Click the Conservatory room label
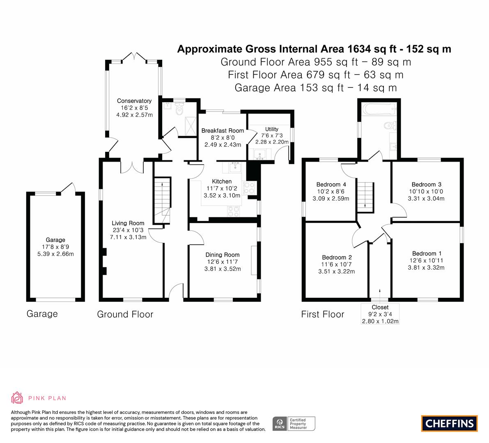(134, 101)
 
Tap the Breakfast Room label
(223, 131)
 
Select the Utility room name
(272, 129)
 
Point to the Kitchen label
(222, 181)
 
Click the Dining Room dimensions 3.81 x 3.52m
(223, 269)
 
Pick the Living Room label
(128, 223)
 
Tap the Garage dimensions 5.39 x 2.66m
(55, 254)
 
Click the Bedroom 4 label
(331, 185)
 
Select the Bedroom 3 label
(426, 185)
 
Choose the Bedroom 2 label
(337, 257)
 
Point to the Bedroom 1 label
(427, 253)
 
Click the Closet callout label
(380, 307)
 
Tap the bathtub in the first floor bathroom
(379, 109)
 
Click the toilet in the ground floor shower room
(179, 110)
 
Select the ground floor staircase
(162, 200)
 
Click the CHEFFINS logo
(450, 423)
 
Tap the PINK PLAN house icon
(17, 398)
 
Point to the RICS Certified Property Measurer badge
(294, 424)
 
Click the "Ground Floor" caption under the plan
(125, 314)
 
